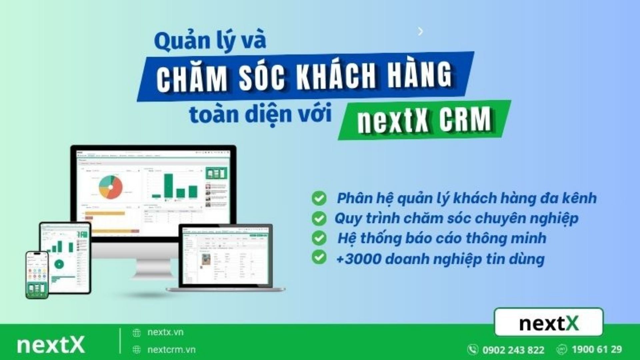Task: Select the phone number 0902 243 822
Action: pyautogui.click(x=513, y=350)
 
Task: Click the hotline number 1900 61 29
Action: pyautogui.click(x=597, y=349)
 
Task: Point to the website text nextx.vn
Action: pyautogui.click(x=165, y=332)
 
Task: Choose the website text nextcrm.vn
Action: pyautogui.click(x=171, y=350)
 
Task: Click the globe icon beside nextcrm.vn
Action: pyautogui.click(x=137, y=350)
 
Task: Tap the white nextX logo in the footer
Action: pyautogui.click(x=51, y=345)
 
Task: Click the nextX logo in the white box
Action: pyautogui.click(x=549, y=322)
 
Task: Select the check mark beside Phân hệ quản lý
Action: pyautogui.click(x=319, y=198)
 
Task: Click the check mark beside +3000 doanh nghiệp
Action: pyautogui.click(x=319, y=258)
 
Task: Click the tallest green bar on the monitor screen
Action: pyautogui.click(x=169, y=186)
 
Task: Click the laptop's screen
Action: pyautogui.click(x=226, y=256)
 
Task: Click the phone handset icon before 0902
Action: pyautogui.click(x=473, y=349)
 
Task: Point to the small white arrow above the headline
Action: pyautogui.click(x=420, y=31)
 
